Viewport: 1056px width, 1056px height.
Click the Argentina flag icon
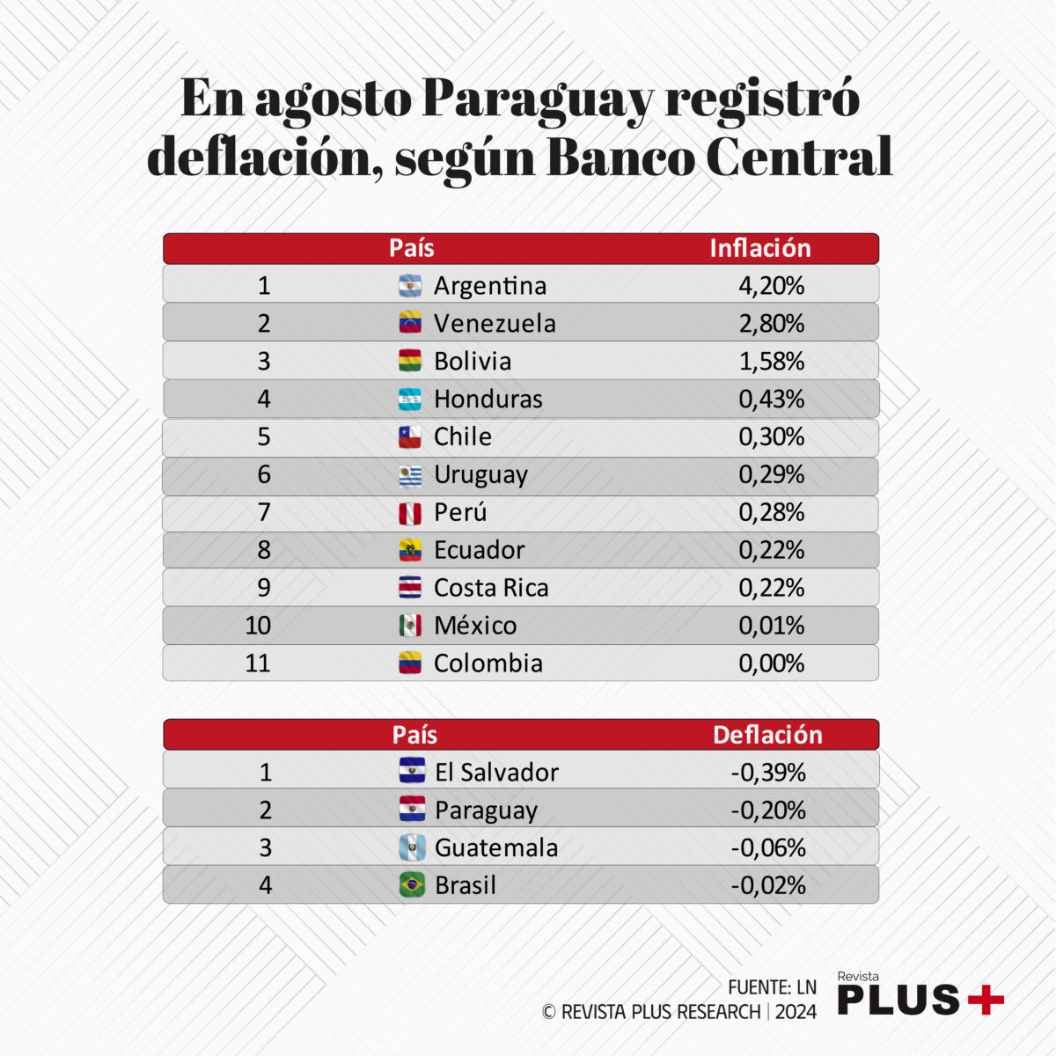pyautogui.click(x=410, y=286)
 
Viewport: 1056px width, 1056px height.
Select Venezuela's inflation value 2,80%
pyautogui.click(x=771, y=324)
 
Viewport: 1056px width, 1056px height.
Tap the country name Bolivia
pyautogui.click(x=472, y=362)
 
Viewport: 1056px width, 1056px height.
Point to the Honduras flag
pyautogui.click(x=410, y=400)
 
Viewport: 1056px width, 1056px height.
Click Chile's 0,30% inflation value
pyautogui.click(x=771, y=437)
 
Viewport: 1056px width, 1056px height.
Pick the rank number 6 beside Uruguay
pyautogui.click(x=264, y=475)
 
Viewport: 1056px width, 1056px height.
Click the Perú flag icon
pyautogui.click(x=410, y=513)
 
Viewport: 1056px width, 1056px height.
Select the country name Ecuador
pyautogui.click(x=479, y=551)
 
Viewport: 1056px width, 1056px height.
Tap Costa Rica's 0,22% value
pyautogui.click(x=771, y=589)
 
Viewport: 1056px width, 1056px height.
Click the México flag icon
pyautogui.click(x=410, y=627)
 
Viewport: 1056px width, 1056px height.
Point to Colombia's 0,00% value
pyautogui.click(x=771, y=664)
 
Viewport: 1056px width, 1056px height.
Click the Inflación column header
pyautogui.click(x=759, y=249)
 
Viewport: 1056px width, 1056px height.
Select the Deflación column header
pyautogui.click(x=767, y=736)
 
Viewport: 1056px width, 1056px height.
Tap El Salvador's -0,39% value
pyautogui.click(x=768, y=773)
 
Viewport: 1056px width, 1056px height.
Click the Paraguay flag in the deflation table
pyautogui.click(x=412, y=810)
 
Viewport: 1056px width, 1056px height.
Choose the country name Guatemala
pyautogui.click(x=496, y=848)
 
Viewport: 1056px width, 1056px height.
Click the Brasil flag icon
pyautogui.click(x=412, y=885)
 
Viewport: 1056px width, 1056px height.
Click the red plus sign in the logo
pyautogui.click(x=986, y=1000)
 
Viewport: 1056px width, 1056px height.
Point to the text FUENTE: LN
pyautogui.click(x=772, y=987)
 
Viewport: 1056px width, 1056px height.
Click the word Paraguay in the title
pyautogui.click(x=538, y=99)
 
